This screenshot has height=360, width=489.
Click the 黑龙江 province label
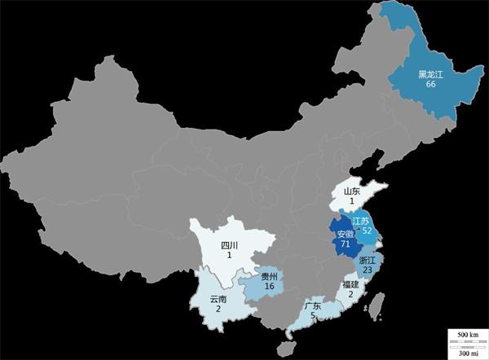430,75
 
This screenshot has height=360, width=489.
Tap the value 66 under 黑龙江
430,86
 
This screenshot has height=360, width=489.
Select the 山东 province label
351,191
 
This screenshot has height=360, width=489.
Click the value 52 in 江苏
367,231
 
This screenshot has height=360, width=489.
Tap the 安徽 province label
346,234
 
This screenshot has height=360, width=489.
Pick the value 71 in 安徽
346,244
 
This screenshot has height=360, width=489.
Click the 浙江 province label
368,260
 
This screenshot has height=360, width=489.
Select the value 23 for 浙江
368,270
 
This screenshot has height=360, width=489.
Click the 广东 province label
311,307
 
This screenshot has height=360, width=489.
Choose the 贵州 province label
270,277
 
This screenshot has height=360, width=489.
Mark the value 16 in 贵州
270,287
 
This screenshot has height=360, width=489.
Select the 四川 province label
230,245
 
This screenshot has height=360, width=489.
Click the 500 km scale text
466,336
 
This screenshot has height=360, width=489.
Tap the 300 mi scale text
466,351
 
